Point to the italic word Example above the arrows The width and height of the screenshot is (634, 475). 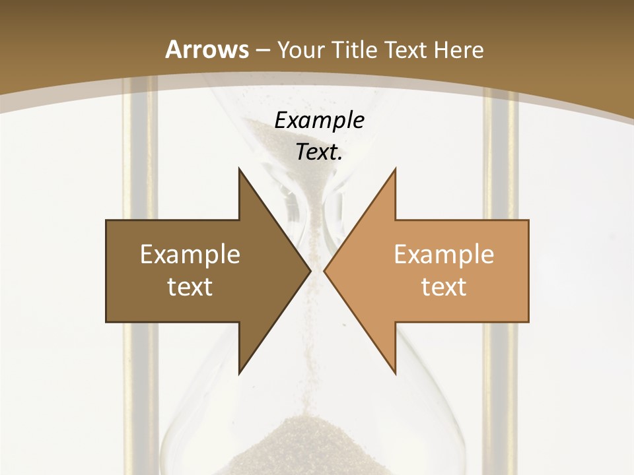point(319,121)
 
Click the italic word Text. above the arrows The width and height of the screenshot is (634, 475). point(319,152)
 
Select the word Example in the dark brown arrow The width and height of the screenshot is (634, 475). point(190,254)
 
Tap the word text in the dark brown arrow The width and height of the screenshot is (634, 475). point(190,286)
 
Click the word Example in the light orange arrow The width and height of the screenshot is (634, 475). point(444,254)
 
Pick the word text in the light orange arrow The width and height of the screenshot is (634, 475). point(444,286)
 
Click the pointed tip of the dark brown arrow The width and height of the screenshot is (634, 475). point(310,270)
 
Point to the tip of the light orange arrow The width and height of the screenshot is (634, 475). point(325,270)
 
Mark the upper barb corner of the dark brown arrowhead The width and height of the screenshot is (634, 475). point(239,169)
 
